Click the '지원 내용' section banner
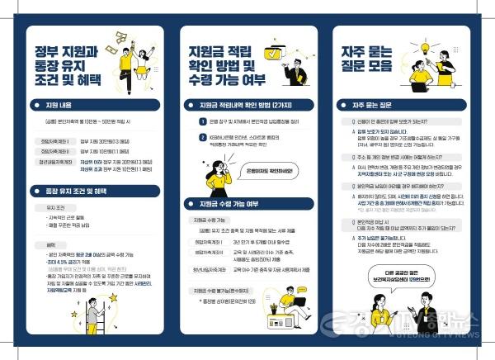[x=91, y=106]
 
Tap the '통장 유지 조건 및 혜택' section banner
[x=91, y=191]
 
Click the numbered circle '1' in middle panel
[x=203, y=121]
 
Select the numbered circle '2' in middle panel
[x=203, y=137]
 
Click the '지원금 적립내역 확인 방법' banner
[x=247, y=106]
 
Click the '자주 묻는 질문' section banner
[x=404, y=107]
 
